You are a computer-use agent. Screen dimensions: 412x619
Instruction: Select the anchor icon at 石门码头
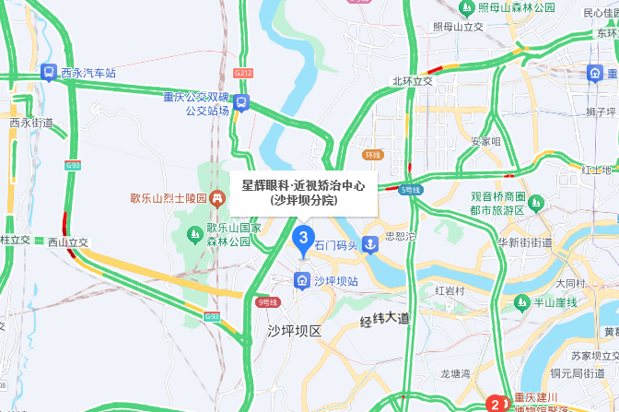(368, 245)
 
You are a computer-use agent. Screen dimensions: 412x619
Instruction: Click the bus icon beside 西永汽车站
(48, 72)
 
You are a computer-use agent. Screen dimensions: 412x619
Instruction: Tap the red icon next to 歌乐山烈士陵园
(216, 197)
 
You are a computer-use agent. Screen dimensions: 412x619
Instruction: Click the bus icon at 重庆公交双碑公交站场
(241, 102)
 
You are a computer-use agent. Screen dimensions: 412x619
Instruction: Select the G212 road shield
(243, 71)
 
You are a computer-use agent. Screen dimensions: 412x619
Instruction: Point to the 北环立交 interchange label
(412, 81)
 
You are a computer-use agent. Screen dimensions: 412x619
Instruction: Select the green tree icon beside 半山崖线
(516, 302)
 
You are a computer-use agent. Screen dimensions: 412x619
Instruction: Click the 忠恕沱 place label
(400, 236)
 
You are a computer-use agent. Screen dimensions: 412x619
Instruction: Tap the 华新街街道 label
(524, 243)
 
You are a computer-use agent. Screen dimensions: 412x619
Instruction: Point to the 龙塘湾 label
(455, 374)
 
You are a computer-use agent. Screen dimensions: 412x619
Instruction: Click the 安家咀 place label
(485, 142)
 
